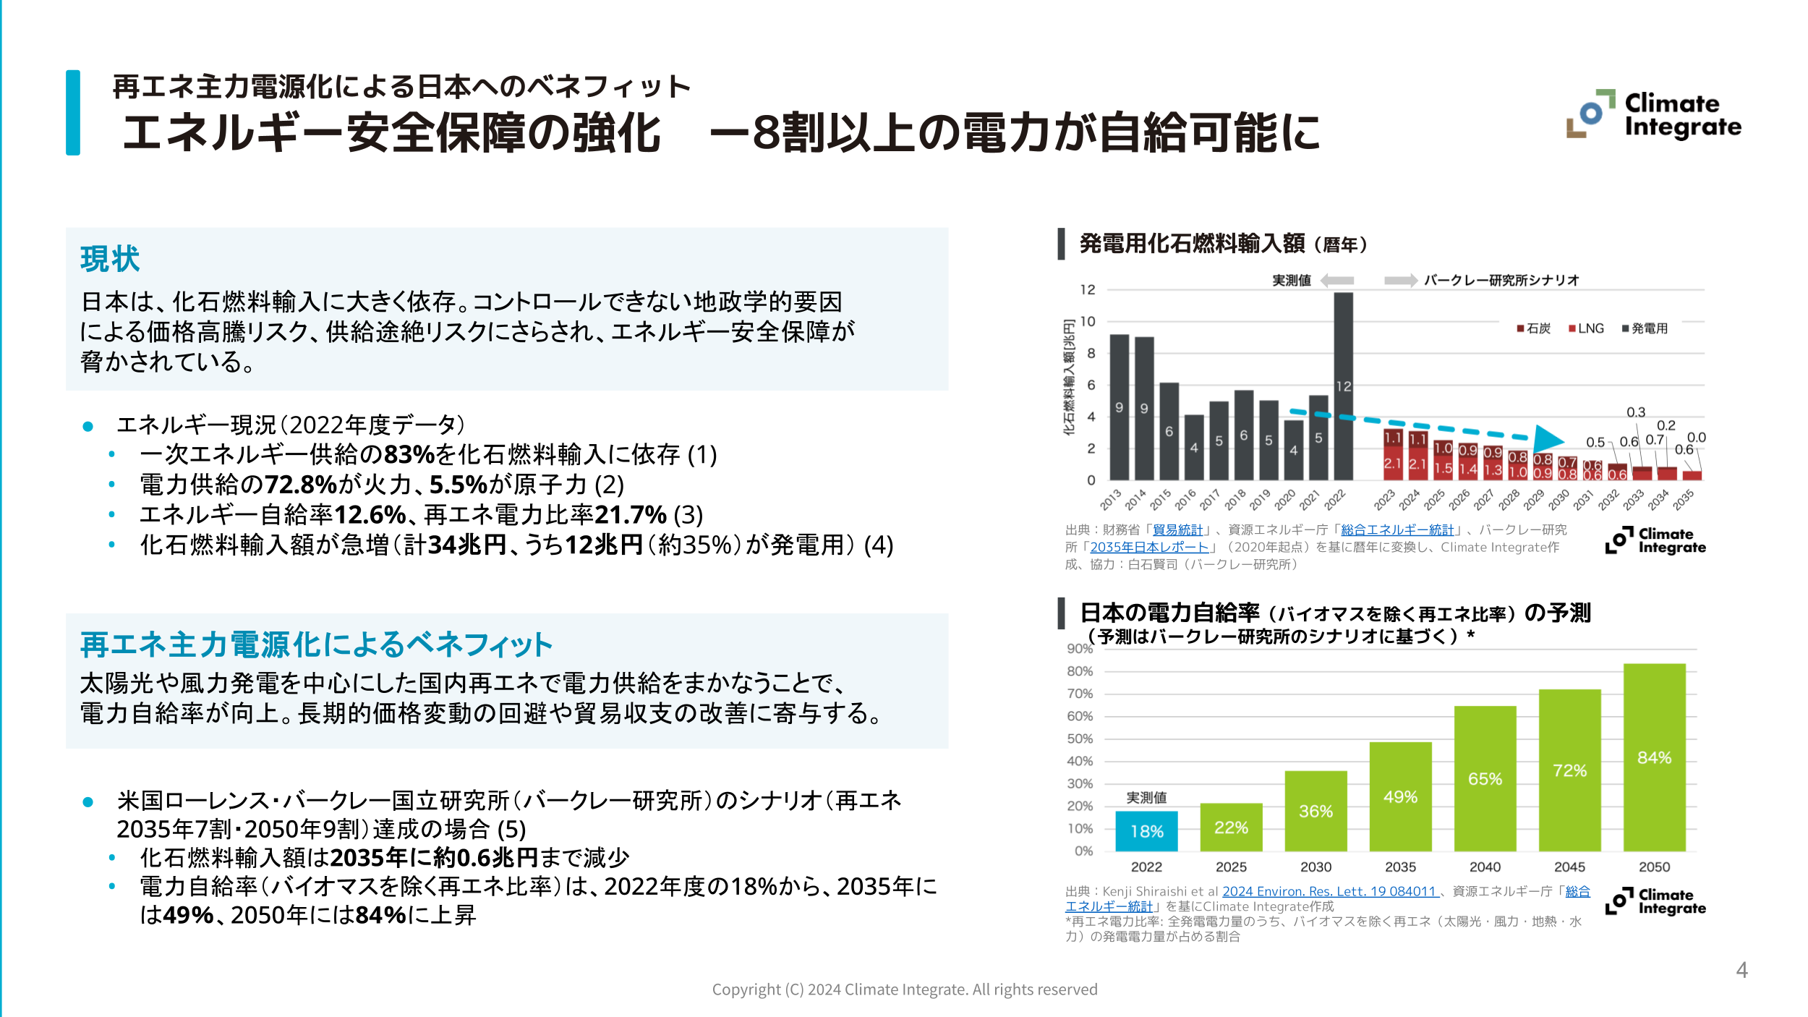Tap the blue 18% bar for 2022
(x=1146, y=831)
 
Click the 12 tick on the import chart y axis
(x=1088, y=290)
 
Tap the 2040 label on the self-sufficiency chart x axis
(x=1485, y=867)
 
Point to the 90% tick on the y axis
(x=1080, y=649)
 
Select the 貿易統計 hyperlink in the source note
(x=1177, y=530)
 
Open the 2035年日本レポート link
(x=1149, y=548)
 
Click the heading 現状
(x=110, y=259)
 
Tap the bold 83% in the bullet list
(x=409, y=454)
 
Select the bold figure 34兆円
(x=466, y=545)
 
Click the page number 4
(x=1741, y=970)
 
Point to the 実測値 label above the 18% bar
(x=1146, y=798)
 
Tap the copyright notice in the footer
(x=904, y=990)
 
